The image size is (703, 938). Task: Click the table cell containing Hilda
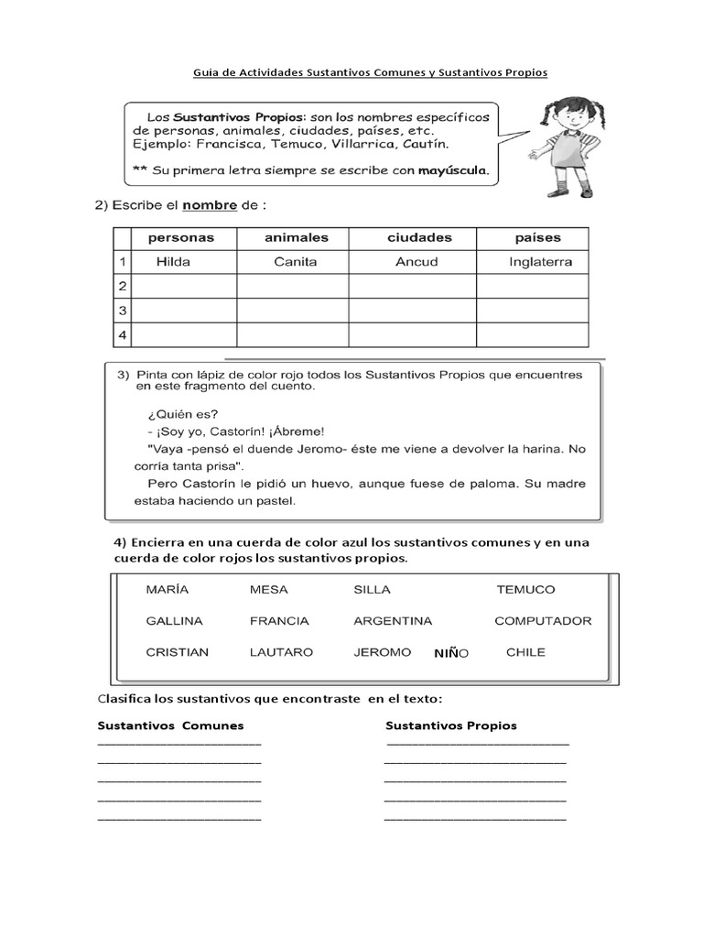tap(173, 262)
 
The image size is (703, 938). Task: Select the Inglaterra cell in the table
tap(540, 262)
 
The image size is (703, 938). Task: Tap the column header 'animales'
tap(296, 237)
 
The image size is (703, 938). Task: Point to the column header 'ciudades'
tap(419, 237)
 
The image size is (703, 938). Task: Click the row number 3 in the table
tap(123, 311)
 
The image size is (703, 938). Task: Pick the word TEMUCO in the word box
tap(525, 590)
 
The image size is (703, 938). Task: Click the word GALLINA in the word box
tap(174, 621)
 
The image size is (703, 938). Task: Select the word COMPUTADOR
tap(543, 621)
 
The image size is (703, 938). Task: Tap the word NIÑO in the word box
tap(451, 653)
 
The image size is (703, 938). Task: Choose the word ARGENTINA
tap(393, 621)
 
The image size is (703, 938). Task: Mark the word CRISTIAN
tap(177, 652)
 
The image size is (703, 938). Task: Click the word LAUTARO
tap(281, 652)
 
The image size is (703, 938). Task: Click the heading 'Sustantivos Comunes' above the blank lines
tap(170, 725)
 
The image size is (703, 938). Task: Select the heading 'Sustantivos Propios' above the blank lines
tap(451, 725)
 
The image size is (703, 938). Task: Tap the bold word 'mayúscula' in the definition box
tap(453, 170)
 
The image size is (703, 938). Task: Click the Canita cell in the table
tap(295, 262)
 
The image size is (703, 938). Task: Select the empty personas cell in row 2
tap(185, 287)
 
